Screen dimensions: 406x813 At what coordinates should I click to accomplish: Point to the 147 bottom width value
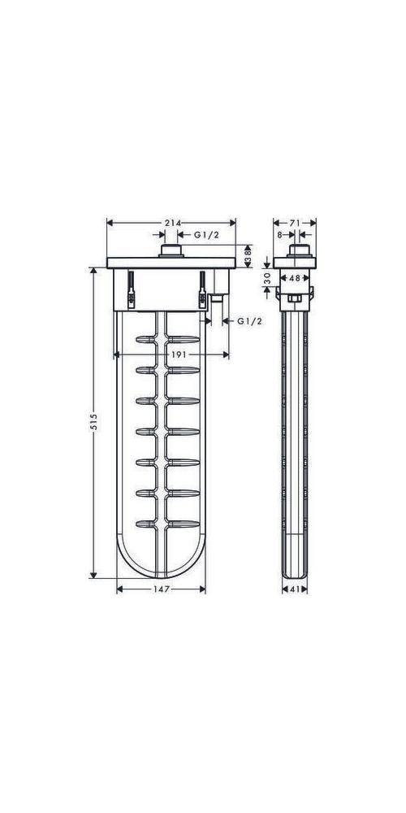pyautogui.click(x=162, y=589)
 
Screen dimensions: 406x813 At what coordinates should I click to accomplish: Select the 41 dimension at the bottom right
pyautogui.click(x=295, y=589)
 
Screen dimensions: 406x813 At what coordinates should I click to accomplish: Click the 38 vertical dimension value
pyautogui.click(x=248, y=256)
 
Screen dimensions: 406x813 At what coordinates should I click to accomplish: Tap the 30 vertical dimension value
pyautogui.click(x=267, y=278)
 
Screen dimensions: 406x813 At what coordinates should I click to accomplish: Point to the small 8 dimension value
pyautogui.click(x=279, y=235)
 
